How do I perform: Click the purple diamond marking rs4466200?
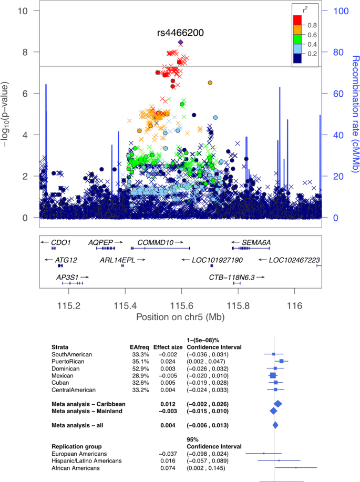click(181, 42)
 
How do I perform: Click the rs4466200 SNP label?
click(180, 33)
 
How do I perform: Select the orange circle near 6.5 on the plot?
click(210, 83)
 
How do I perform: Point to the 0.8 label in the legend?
click(312, 24)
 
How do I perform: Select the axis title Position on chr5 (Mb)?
click(180, 318)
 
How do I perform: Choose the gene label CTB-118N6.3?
click(232, 277)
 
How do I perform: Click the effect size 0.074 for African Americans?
click(167, 468)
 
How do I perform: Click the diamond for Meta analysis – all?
click(275, 425)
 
